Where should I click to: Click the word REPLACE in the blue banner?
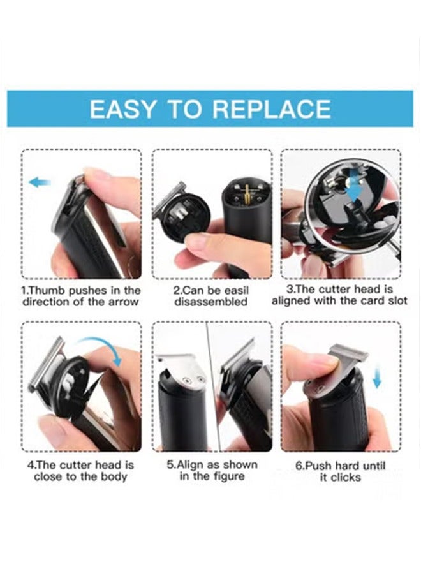[271, 109]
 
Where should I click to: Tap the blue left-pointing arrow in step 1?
[40, 183]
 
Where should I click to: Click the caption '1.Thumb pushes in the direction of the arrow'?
[81, 296]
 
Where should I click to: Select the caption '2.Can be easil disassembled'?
[211, 296]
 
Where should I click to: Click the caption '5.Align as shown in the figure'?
[211, 471]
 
